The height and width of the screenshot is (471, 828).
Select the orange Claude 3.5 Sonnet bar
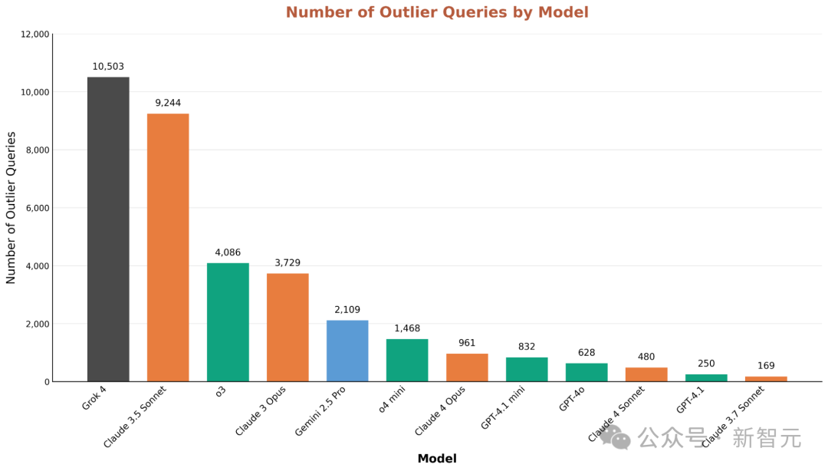[168, 247]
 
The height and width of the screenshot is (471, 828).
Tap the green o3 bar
[228, 322]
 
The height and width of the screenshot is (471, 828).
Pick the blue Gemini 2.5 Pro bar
[347, 351]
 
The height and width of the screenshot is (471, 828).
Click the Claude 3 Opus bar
[287, 327]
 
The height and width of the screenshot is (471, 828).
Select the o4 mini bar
[407, 360]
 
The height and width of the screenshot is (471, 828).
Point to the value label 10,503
[108, 67]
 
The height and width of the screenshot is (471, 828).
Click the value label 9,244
[168, 103]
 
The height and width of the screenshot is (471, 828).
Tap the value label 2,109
[347, 310]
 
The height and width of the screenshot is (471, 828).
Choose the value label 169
[766, 366]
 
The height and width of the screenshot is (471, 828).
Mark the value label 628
[586, 353]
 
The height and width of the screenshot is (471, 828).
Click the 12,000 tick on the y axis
[34, 35]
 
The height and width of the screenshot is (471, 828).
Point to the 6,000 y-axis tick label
[37, 208]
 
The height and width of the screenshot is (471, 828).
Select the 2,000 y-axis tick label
[37, 324]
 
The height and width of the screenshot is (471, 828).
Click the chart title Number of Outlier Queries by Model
[437, 12]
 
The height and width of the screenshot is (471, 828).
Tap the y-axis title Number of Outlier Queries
[11, 207]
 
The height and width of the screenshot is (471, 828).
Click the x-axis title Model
[437, 459]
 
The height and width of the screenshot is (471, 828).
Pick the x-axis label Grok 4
[94, 398]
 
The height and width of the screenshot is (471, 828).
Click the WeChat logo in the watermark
[615, 438]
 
